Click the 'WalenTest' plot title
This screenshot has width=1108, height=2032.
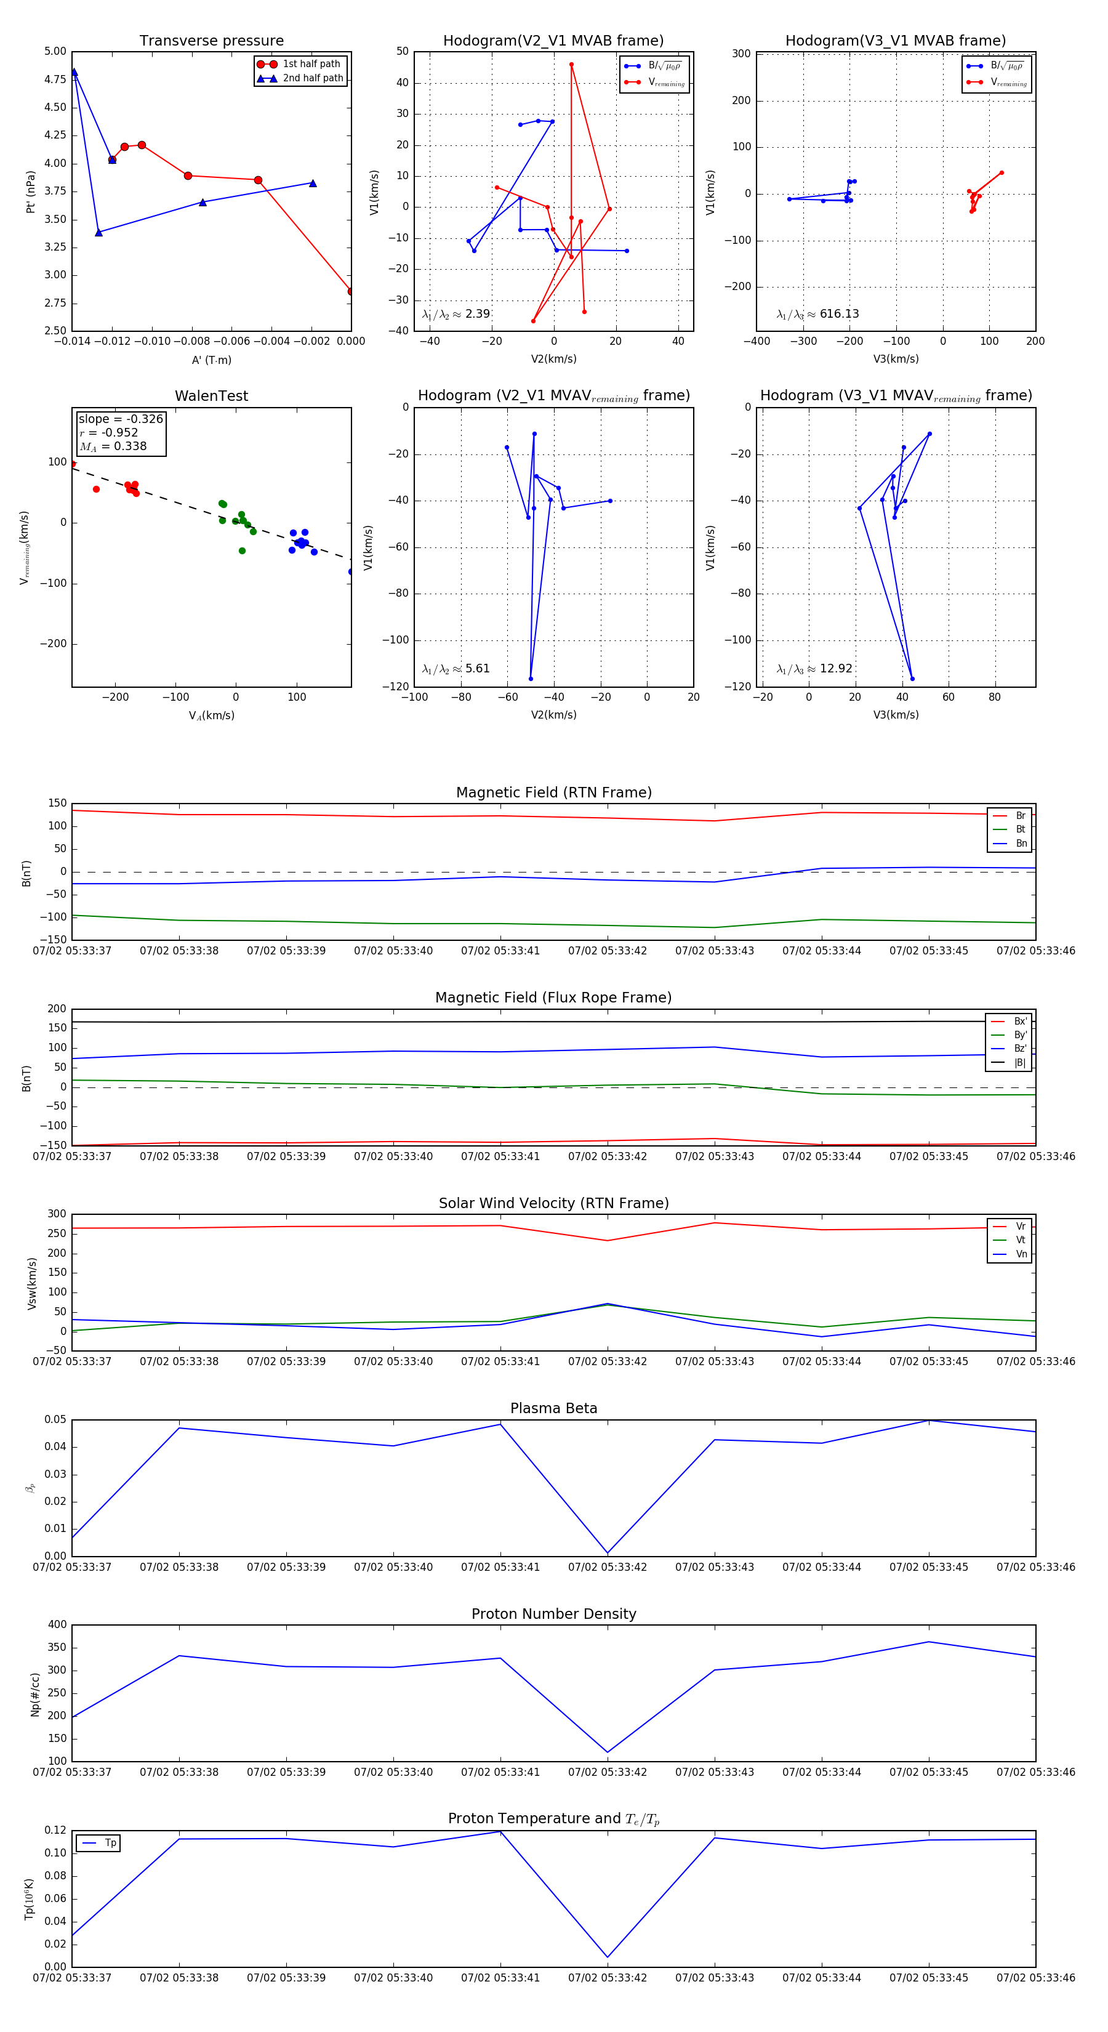pyautogui.click(x=211, y=396)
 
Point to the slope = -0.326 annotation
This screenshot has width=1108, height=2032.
pyautogui.click(x=121, y=419)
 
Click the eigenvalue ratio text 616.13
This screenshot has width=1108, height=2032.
pyautogui.click(x=838, y=314)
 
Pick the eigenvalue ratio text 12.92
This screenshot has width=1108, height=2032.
pyautogui.click(x=835, y=669)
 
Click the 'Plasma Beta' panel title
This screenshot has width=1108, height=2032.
pyautogui.click(x=553, y=1408)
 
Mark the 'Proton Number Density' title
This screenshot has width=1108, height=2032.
pyautogui.click(x=553, y=1614)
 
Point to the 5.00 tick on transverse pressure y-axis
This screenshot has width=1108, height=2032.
pyautogui.click(x=55, y=51)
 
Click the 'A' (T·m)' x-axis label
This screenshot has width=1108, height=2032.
pyautogui.click(x=211, y=360)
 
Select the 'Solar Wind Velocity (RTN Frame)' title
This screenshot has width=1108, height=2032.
pyautogui.click(x=553, y=1203)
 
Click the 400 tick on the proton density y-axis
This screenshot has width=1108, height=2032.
pyautogui.click(x=58, y=1624)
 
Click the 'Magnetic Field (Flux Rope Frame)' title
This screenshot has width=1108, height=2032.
pyautogui.click(x=553, y=998)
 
